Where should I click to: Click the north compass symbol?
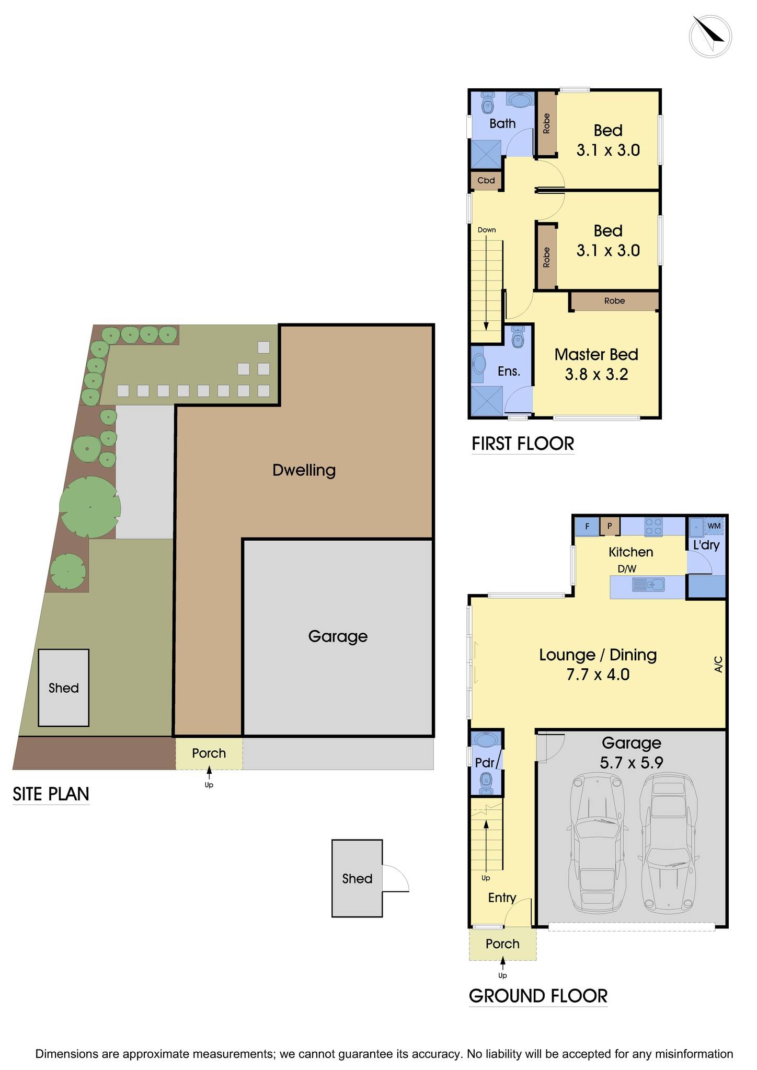[710, 36]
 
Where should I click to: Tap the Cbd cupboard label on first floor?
[486, 181]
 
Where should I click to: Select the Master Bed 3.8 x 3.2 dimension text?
[597, 375]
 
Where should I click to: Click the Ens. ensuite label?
[509, 371]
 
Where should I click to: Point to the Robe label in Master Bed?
[614, 301]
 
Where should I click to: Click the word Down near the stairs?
[487, 230]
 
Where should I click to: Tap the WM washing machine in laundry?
[714, 526]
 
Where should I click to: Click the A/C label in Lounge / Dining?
[718, 664]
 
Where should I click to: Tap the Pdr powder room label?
[485, 763]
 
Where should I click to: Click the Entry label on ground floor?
[502, 898]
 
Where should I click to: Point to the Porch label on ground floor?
[502, 944]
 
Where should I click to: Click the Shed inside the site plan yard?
[63, 688]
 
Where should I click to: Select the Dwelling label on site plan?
[304, 470]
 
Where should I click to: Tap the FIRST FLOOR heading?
[523, 444]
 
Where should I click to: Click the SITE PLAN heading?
[51, 794]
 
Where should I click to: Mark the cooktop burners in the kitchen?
[653, 526]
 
